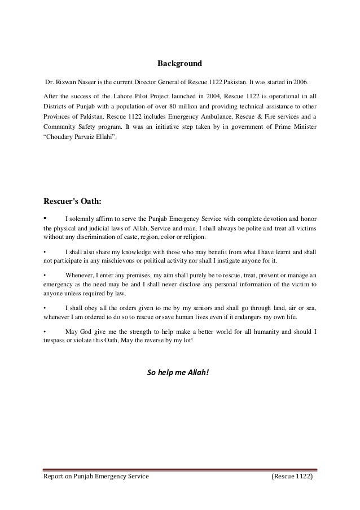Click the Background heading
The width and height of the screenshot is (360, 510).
coord(179,63)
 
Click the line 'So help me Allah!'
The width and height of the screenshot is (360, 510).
coord(178,372)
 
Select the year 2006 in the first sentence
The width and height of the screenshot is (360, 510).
coord(298,81)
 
